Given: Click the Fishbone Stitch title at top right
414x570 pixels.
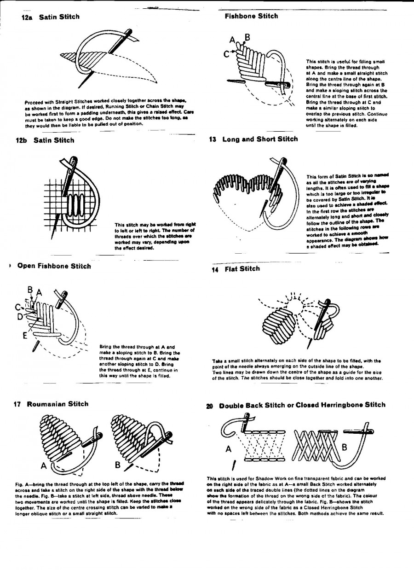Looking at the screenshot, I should click(x=251, y=16).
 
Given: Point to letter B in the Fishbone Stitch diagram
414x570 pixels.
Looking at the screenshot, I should click(x=247, y=37).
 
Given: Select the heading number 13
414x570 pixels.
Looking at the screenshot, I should click(x=213, y=139).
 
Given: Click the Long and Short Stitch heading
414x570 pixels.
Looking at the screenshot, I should click(x=260, y=139).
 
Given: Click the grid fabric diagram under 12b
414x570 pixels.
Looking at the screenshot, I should click(x=69, y=205).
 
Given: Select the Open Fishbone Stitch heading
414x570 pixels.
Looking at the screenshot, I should click(x=54, y=266).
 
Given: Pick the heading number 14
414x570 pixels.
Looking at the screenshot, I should click(x=215, y=270).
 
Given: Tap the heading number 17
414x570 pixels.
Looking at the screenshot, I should click(x=17, y=404).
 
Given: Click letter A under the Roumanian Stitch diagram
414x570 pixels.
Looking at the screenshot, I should click(x=44, y=465).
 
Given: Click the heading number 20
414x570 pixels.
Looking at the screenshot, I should click(x=210, y=406).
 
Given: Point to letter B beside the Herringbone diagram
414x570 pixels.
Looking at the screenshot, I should click(x=344, y=447).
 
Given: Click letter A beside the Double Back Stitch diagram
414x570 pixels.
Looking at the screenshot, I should click(x=229, y=449).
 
